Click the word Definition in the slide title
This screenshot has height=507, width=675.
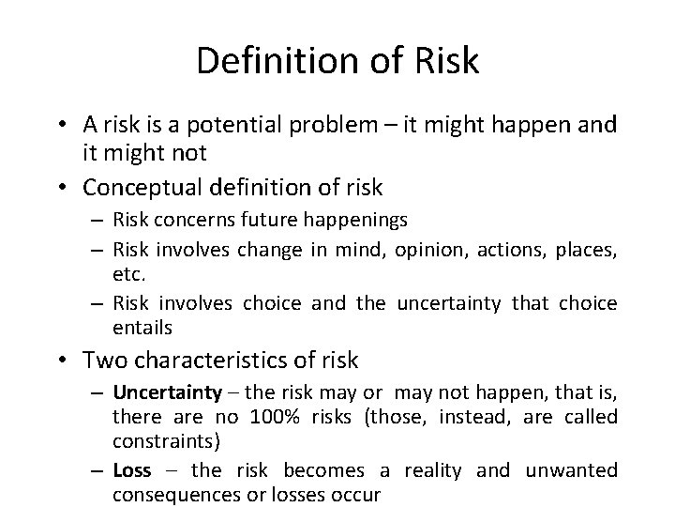click(x=272, y=62)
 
